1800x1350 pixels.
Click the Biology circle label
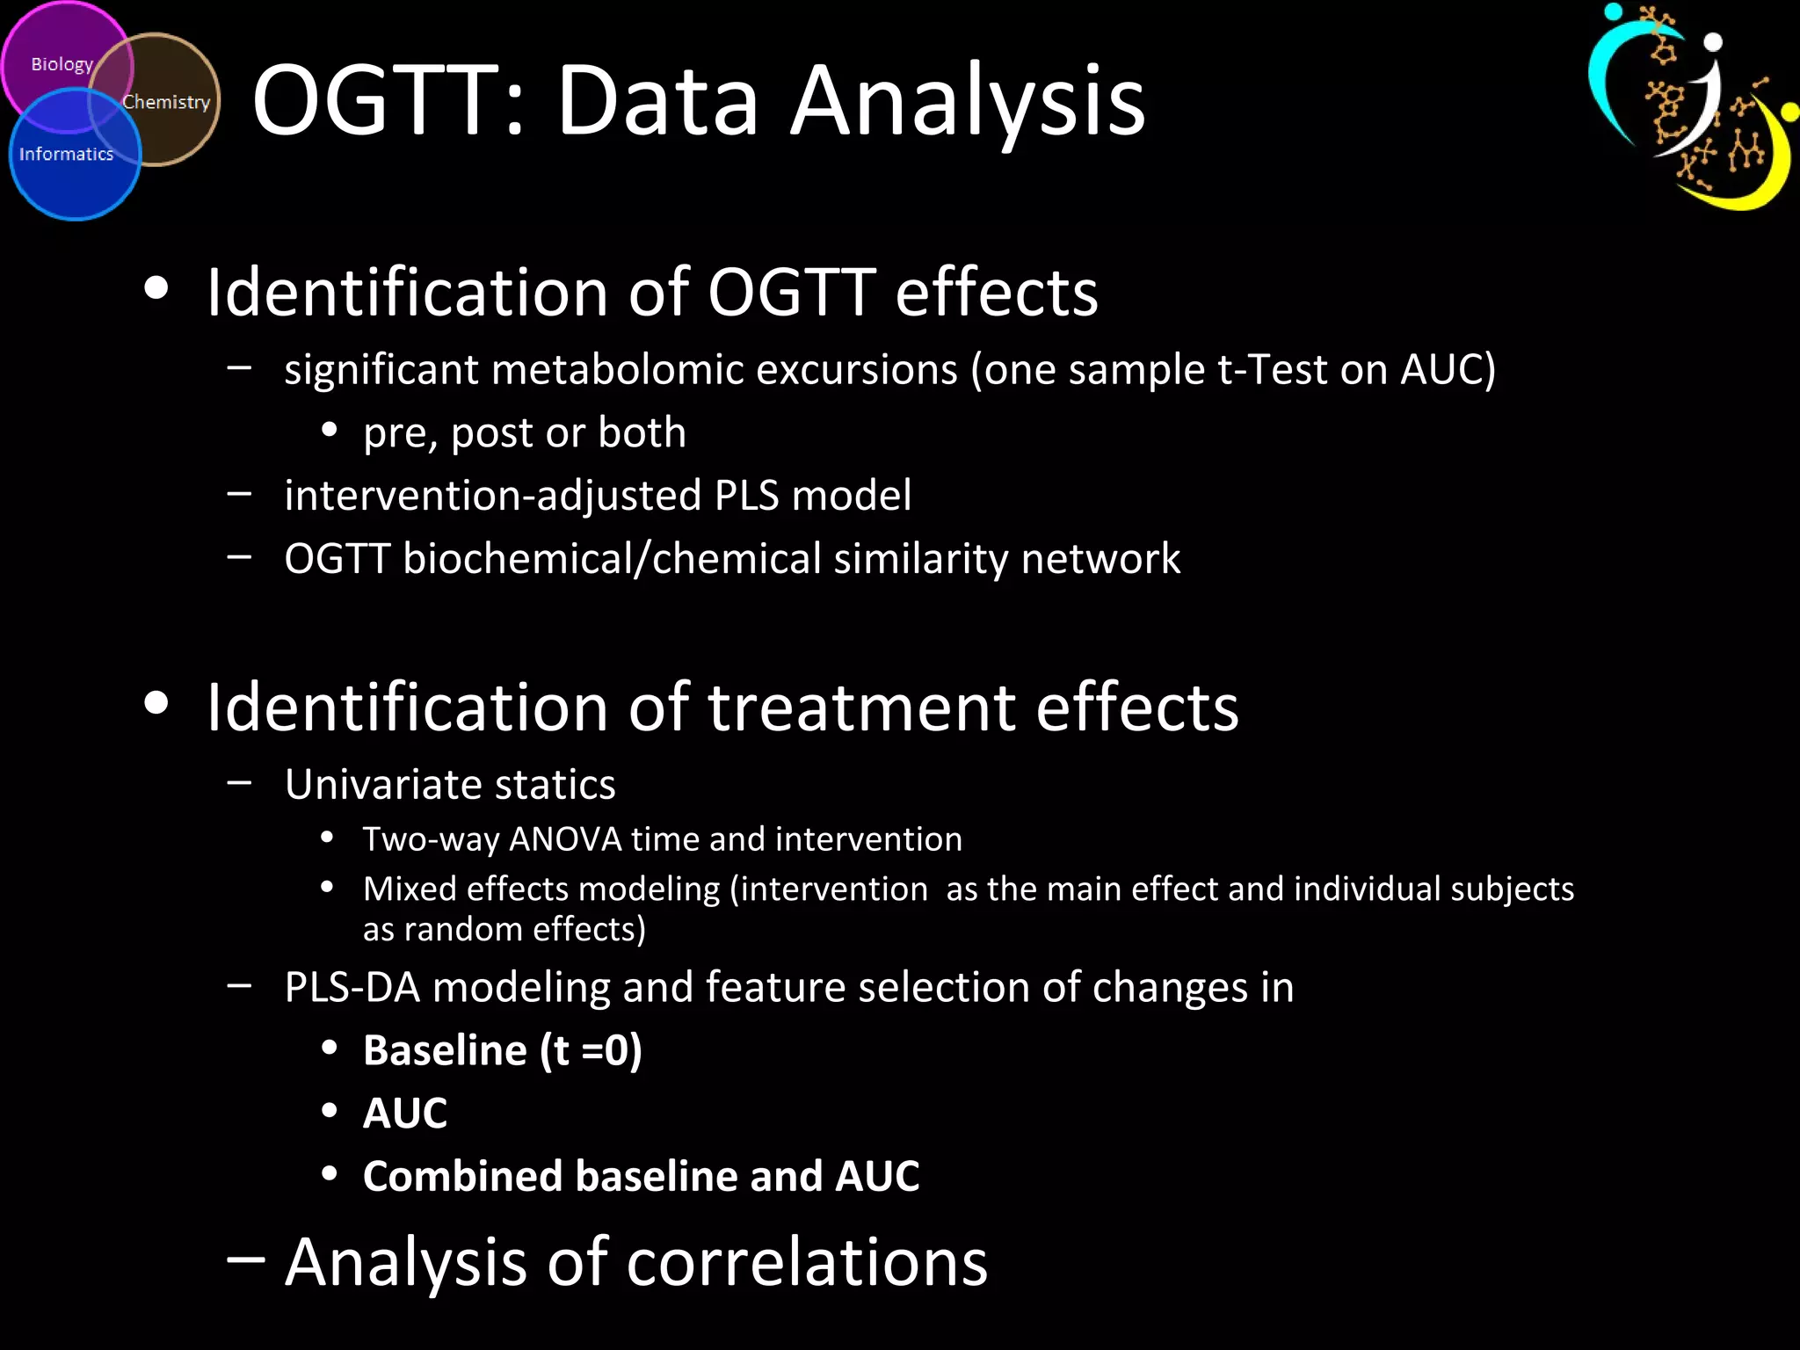pos(62,64)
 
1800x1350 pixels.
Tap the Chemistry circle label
pos(166,102)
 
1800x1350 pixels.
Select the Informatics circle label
pos(66,154)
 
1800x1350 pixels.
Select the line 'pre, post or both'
pos(524,432)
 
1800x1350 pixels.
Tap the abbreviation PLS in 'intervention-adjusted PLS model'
pos(746,495)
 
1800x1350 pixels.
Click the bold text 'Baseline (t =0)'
pos(502,1050)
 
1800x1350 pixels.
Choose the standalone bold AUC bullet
pos(405,1113)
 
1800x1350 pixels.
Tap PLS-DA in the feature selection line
pos(352,987)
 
